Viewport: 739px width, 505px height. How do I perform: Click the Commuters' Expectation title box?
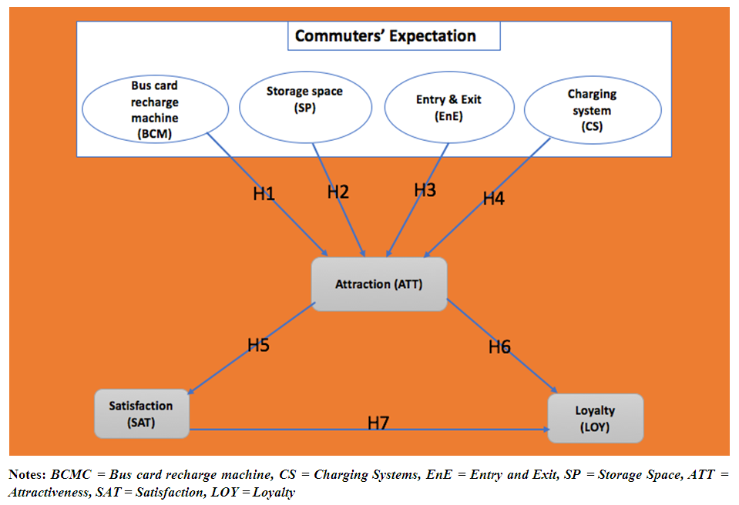pyautogui.click(x=385, y=36)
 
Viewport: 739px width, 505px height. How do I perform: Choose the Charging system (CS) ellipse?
pyautogui.click(x=592, y=112)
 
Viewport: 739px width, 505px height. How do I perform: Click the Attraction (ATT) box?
pyautogui.click(x=378, y=284)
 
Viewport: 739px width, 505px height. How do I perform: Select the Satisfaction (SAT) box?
pyautogui.click(x=141, y=413)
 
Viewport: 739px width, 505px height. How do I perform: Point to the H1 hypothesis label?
pyautogui.click(x=264, y=195)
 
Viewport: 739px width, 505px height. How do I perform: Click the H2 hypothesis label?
pyautogui.click(x=338, y=192)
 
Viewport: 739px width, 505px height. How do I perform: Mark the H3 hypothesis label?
pyautogui.click(x=425, y=190)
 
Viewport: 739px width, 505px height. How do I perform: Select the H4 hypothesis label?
pyautogui.click(x=493, y=199)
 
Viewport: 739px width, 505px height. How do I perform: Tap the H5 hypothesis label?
pyautogui.click(x=258, y=346)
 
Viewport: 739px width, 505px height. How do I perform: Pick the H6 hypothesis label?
pyautogui.click(x=499, y=347)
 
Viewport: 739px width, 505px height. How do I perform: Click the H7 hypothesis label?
pyautogui.click(x=378, y=423)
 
